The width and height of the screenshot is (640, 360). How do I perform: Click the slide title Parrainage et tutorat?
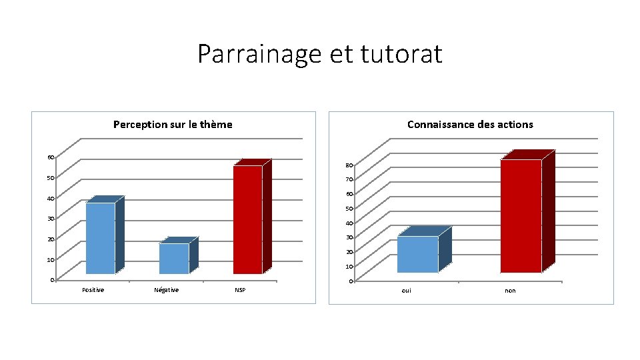pos(319,54)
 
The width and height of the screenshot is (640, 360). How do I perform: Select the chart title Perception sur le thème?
pos(173,124)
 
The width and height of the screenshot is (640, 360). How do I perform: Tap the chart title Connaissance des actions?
pos(470,124)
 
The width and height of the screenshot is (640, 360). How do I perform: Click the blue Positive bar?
pos(100,238)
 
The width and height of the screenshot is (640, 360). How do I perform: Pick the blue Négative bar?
pos(174,259)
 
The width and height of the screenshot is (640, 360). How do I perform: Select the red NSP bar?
pos(247,219)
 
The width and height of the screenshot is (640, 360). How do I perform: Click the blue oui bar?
pos(417,254)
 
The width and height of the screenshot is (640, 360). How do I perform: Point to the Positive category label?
pos(93,289)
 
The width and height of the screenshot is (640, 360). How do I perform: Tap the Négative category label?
pos(166,289)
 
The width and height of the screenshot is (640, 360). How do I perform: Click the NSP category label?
pos(240,290)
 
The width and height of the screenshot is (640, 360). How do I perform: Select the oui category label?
pos(407,291)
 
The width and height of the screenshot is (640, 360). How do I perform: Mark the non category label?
pos(510,291)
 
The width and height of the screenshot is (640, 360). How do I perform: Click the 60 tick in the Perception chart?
pos(51,157)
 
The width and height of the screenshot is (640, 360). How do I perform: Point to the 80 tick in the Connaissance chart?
pos(349,165)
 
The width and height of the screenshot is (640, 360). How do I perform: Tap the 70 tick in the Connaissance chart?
pos(349,180)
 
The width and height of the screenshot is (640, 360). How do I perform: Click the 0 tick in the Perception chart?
pos(52,279)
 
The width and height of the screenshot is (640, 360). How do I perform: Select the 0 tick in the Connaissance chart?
pos(351,281)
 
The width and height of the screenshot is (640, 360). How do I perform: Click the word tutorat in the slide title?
pos(401,54)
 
